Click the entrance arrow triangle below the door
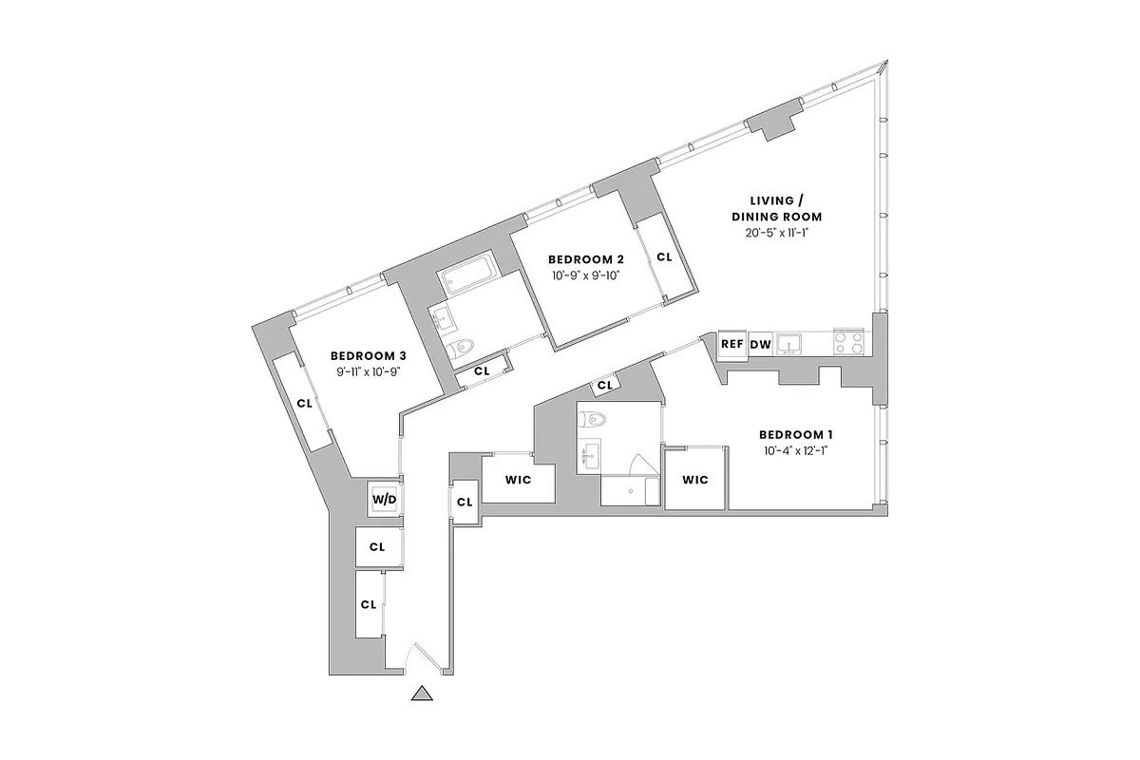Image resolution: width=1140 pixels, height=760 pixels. click(x=423, y=695)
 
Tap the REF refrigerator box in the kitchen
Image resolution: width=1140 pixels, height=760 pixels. click(x=731, y=345)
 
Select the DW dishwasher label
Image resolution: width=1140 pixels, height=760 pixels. click(x=760, y=345)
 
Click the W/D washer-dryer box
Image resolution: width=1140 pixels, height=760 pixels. click(x=384, y=499)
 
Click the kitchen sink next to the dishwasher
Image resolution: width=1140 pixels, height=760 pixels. click(x=790, y=343)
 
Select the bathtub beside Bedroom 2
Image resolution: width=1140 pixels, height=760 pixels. click(x=465, y=275)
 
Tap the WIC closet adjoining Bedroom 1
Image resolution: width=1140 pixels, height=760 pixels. click(x=695, y=480)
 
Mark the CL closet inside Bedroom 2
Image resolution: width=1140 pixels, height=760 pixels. click(x=664, y=256)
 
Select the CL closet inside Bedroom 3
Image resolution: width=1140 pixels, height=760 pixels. click(x=304, y=403)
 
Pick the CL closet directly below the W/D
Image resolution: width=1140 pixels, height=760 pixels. click(x=377, y=547)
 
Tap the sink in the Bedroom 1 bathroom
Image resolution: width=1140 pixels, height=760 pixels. click(x=589, y=455)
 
